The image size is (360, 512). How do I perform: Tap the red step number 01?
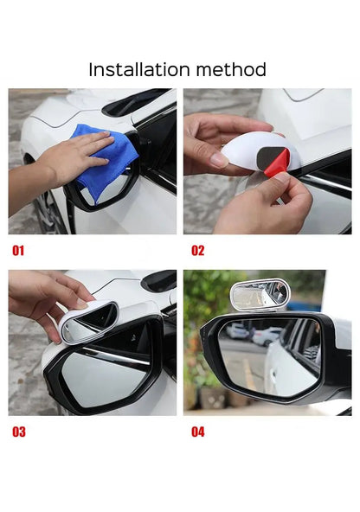click(x=18, y=251)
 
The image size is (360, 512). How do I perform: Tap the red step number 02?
click(x=198, y=251)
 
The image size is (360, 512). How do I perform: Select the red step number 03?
click(x=18, y=432)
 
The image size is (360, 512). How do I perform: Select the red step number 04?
click(x=198, y=432)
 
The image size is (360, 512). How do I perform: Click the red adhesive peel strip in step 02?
click(x=277, y=163)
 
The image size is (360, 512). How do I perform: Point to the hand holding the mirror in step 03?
click(x=43, y=298)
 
